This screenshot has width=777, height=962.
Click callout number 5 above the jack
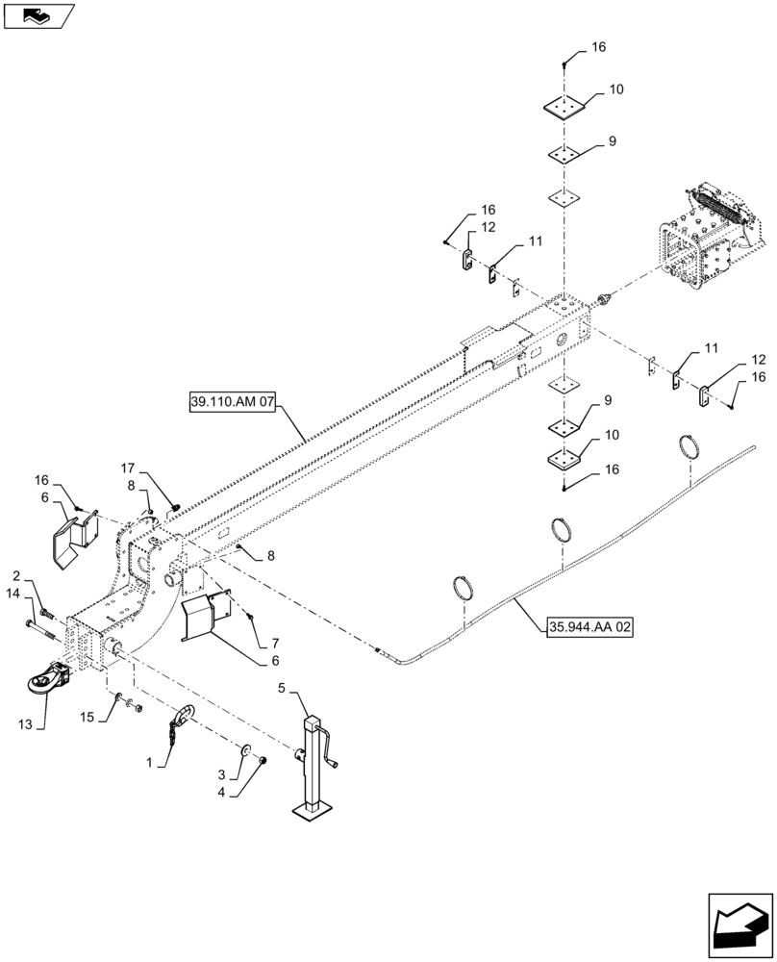pyautogui.click(x=282, y=689)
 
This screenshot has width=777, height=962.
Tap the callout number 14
pyautogui.click(x=13, y=595)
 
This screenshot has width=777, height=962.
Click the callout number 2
pyautogui.click(x=16, y=575)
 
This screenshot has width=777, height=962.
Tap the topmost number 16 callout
pyautogui.click(x=598, y=47)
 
